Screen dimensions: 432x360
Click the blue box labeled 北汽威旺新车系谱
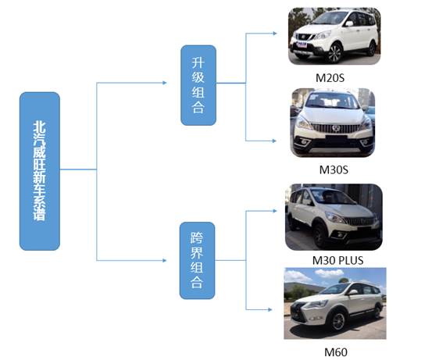(40, 171)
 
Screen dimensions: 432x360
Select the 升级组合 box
(198, 85)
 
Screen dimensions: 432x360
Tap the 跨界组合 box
(198, 260)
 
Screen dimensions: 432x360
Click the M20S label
(330, 78)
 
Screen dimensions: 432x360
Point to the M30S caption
(334, 169)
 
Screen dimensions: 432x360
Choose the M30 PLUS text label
(337, 260)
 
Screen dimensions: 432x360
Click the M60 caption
(336, 352)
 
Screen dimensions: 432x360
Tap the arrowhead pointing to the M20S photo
(275, 34)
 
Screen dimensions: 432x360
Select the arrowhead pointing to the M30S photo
(274, 141)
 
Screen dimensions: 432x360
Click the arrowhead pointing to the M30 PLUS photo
(275, 211)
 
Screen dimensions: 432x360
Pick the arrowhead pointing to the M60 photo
(270, 309)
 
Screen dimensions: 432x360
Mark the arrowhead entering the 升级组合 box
(165, 83)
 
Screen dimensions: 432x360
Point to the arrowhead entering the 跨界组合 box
(165, 260)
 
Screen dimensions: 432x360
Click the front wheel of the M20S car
(335, 53)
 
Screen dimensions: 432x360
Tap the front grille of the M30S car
(335, 128)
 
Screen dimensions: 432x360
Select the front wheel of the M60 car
(337, 321)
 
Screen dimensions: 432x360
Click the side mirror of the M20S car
(349, 23)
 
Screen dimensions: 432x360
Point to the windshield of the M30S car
(333, 102)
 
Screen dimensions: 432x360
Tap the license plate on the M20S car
(301, 44)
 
